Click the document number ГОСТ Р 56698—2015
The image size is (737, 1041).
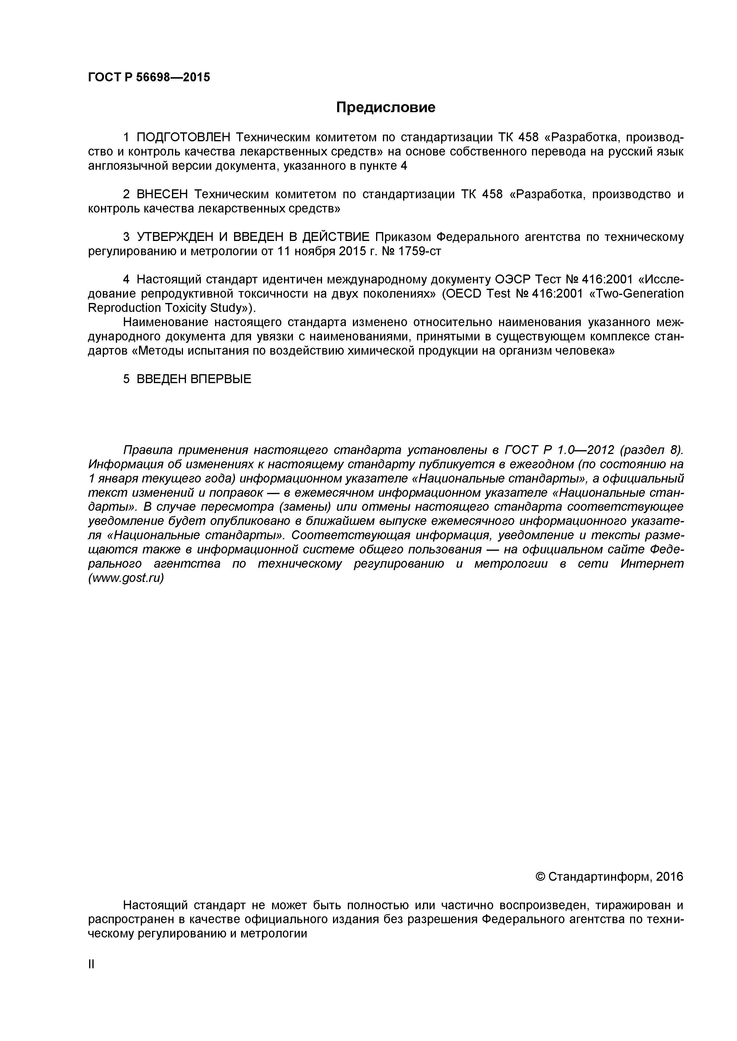(x=149, y=77)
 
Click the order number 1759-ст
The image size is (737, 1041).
(x=419, y=251)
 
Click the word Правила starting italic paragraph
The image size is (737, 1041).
(x=148, y=450)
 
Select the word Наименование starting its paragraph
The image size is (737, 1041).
(x=166, y=322)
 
